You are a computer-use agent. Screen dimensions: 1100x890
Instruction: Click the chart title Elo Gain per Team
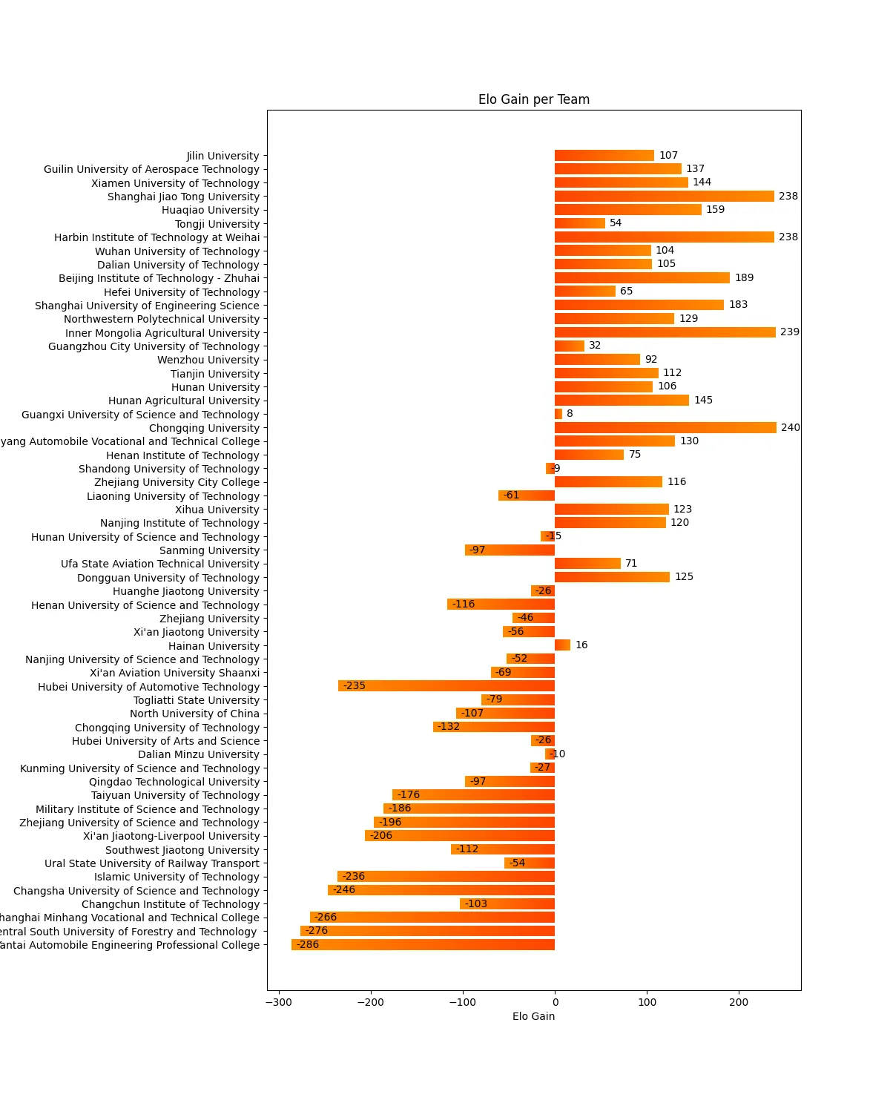tap(533, 99)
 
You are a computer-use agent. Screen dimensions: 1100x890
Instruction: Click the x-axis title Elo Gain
tap(533, 1016)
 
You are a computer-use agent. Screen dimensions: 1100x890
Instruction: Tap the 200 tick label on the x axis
tap(739, 1002)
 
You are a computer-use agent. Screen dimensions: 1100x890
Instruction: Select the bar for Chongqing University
tap(665, 428)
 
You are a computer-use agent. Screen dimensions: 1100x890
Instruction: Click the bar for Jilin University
tap(604, 156)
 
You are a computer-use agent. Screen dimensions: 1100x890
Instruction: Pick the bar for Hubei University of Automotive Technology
tap(446, 686)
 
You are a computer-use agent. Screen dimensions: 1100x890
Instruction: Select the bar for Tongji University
tap(579, 223)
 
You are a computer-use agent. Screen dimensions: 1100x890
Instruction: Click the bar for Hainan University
tap(562, 645)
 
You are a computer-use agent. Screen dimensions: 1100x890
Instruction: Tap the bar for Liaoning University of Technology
tap(527, 495)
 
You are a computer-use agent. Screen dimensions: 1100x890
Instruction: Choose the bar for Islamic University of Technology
tap(446, 877)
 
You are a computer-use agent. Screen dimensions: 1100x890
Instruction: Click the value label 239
tap(789, 332)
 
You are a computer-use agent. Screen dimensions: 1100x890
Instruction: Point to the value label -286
tap(308, 945)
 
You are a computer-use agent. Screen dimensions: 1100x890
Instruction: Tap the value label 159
tap(715, 210)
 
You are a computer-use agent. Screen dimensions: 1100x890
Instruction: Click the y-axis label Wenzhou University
tap(208, 360)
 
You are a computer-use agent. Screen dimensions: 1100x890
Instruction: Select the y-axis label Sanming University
tap(209, 550)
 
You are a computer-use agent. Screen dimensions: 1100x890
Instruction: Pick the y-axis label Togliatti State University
tap(197, 700)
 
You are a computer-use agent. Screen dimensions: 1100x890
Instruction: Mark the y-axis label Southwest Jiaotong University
tap(182, 850)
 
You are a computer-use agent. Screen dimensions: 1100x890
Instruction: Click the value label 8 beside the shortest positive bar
tap(570, 414)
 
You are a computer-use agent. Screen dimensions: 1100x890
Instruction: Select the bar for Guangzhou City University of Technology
tap(570, 346)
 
